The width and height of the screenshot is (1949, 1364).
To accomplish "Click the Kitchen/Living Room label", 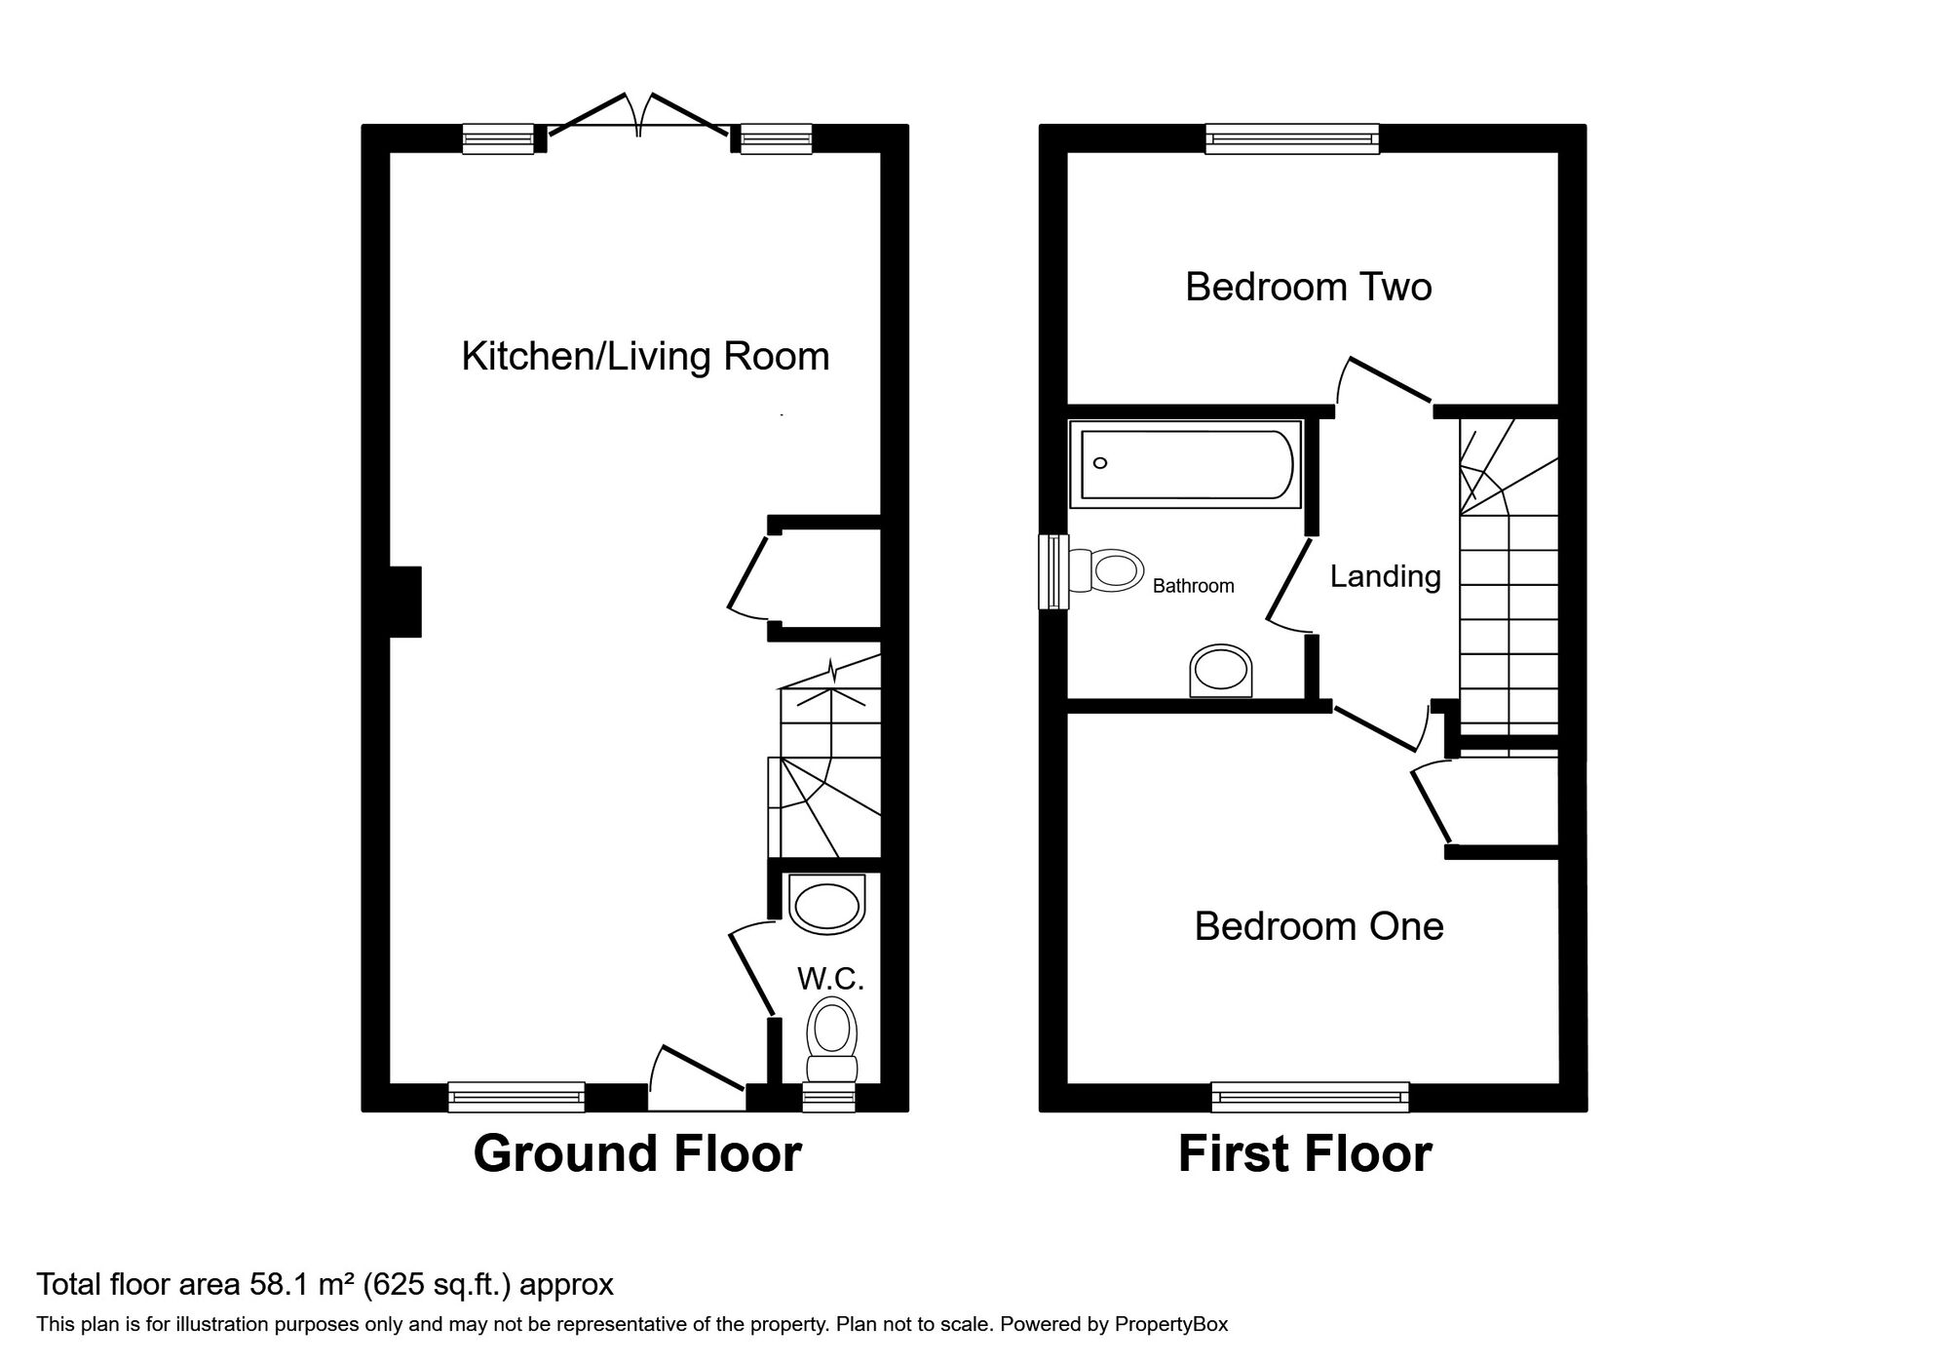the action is [645, 357].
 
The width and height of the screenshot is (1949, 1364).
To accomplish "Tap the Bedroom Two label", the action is [1309, 287].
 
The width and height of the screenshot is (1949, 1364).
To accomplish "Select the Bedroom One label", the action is [1318, 926].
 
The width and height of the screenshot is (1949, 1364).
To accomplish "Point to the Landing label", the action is [1385, 577].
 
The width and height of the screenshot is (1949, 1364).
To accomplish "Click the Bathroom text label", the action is [1193, 586].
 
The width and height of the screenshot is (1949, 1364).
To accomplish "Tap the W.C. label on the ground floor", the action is [830, 979].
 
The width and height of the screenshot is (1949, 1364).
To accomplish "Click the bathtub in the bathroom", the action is [1186, 464].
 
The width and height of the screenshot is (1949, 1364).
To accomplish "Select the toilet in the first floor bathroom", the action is [1107, 570].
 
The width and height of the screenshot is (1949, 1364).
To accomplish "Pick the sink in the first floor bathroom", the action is [1221, 671].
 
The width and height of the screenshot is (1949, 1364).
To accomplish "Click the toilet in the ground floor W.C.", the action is [832, 1039].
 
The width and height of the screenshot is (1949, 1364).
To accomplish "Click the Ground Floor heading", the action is [637, 1153].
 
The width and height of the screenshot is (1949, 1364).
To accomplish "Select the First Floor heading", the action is [1305, 1153].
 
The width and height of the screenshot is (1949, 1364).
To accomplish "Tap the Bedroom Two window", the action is [1292, 138].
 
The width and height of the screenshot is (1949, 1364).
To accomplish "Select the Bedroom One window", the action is [1311, 1097].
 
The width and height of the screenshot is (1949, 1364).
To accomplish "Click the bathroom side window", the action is [1053, 572].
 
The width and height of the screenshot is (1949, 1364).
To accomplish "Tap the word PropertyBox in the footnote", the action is [1171, 1325].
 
